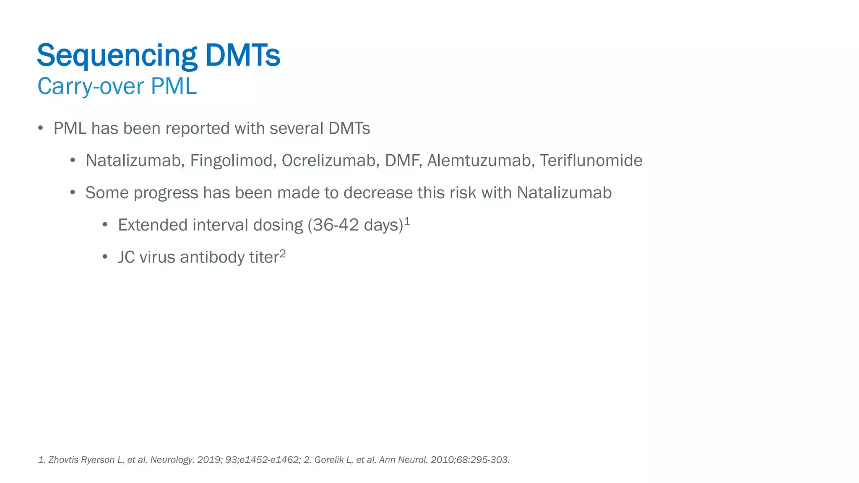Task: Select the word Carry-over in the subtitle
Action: point(91,87)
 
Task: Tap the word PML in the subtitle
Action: point(174,86)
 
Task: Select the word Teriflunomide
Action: point(591,161)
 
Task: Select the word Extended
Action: point(153,225)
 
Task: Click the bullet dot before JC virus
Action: point(105,257)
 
